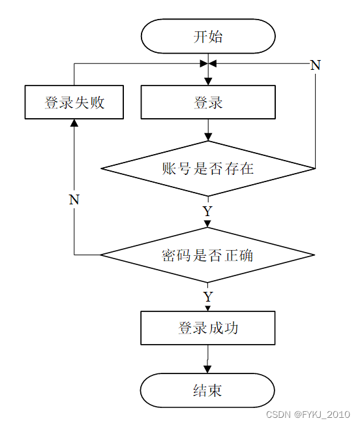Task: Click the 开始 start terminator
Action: tap(208, 36)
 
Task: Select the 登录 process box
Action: tap(208, 102)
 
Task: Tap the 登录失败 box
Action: tap(74, 102)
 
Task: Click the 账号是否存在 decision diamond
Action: tap(208, 168)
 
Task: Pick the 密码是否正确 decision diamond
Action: tap(207, 255)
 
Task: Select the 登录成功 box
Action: tap(208, 328)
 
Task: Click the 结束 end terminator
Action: tap(207, 390)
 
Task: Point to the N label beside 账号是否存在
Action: tap(316, 65)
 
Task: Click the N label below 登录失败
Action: tap(74, 200)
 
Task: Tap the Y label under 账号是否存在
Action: tap(207, 211)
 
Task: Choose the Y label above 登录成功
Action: tap(207, 296)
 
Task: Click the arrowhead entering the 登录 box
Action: tap(208, 82)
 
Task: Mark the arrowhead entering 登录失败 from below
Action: tap(74, 123)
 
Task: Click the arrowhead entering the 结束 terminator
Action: tap(207, 370)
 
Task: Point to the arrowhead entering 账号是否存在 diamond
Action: tap(208, 137)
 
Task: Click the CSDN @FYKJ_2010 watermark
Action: tap(308, 415)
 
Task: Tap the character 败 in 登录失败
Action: tap(97, 102)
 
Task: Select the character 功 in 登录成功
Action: tap(231, 328)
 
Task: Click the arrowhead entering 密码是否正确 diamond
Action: tap(207, 224)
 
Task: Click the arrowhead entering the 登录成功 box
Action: tap(207, 308)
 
